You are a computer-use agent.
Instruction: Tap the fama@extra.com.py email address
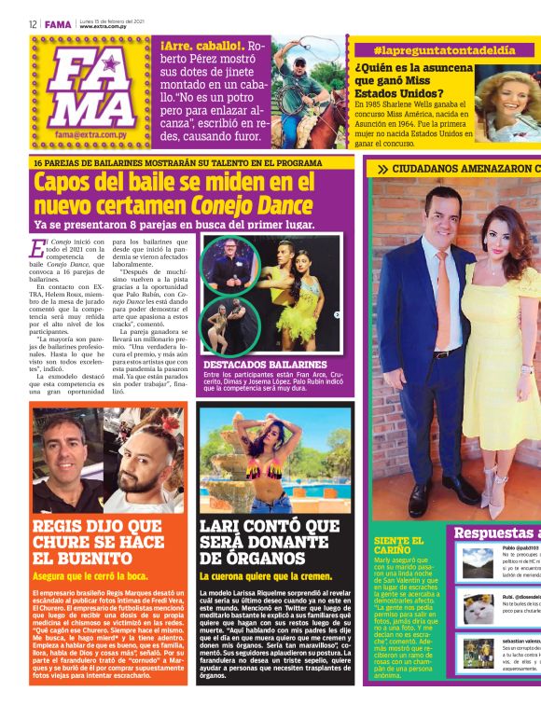[91, 134]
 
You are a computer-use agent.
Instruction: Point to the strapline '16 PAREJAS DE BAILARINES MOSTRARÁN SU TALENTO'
[177, 163]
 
